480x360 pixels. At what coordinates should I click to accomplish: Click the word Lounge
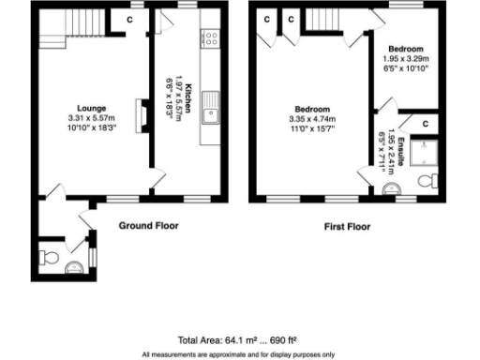pos(91,107)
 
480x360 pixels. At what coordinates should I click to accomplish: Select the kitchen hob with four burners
pos(211,39)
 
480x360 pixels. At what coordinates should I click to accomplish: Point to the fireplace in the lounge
pos(141,112)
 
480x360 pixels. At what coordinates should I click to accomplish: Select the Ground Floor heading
pos(148,226)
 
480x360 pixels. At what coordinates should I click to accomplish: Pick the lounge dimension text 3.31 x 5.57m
pos(91,117)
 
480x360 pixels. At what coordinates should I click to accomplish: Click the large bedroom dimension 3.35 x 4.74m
pos(313,119)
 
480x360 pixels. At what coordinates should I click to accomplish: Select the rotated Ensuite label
pos(400,150)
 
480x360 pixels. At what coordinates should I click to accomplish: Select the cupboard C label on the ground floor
pos(131,17)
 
